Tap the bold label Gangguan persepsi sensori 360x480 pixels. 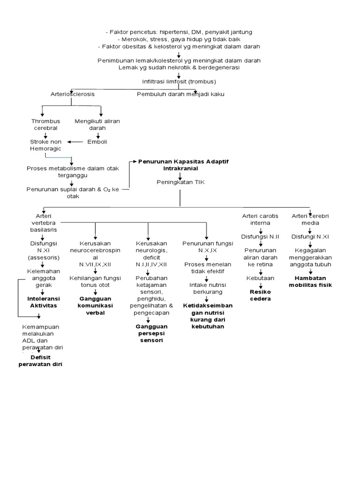[148, 333]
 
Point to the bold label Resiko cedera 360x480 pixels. [260, 295]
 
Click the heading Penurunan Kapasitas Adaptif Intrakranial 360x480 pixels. [180, 164]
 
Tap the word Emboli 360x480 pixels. [97, 141]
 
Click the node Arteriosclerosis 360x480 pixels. [72, 94]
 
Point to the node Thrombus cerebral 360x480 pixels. [45, 124]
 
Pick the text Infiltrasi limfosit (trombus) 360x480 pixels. [179, 81]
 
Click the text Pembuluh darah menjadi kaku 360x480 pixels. [180, 94]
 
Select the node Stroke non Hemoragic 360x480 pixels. [45, 144]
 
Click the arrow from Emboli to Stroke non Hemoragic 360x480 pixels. [75, 141]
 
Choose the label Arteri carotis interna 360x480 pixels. [260, 219]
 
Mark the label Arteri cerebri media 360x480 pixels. [310, 219]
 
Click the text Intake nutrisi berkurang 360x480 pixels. [206, 288]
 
